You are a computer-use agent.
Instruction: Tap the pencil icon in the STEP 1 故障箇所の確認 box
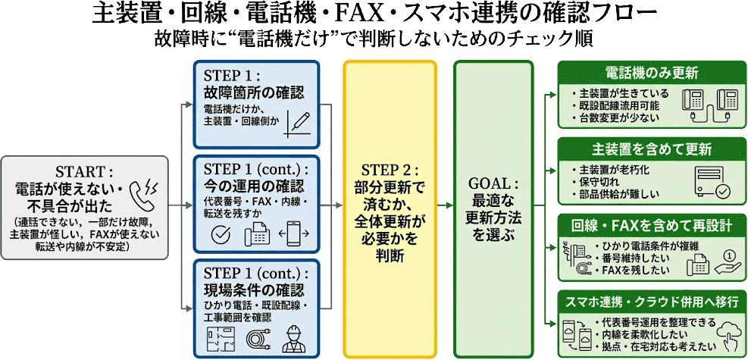(299, 124)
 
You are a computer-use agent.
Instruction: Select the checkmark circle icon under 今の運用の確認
(220, 234)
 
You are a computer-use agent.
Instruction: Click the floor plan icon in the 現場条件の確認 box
(218, 338)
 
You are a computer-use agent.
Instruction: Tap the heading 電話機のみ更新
(651, 74)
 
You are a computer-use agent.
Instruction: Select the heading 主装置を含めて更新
(651, 149)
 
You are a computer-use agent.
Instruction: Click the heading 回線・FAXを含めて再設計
(651, 225)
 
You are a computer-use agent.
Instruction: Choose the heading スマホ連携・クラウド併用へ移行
(651, 301)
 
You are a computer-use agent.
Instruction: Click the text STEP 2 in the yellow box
(390, 168)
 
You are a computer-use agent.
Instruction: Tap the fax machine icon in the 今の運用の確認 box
(258, 233)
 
